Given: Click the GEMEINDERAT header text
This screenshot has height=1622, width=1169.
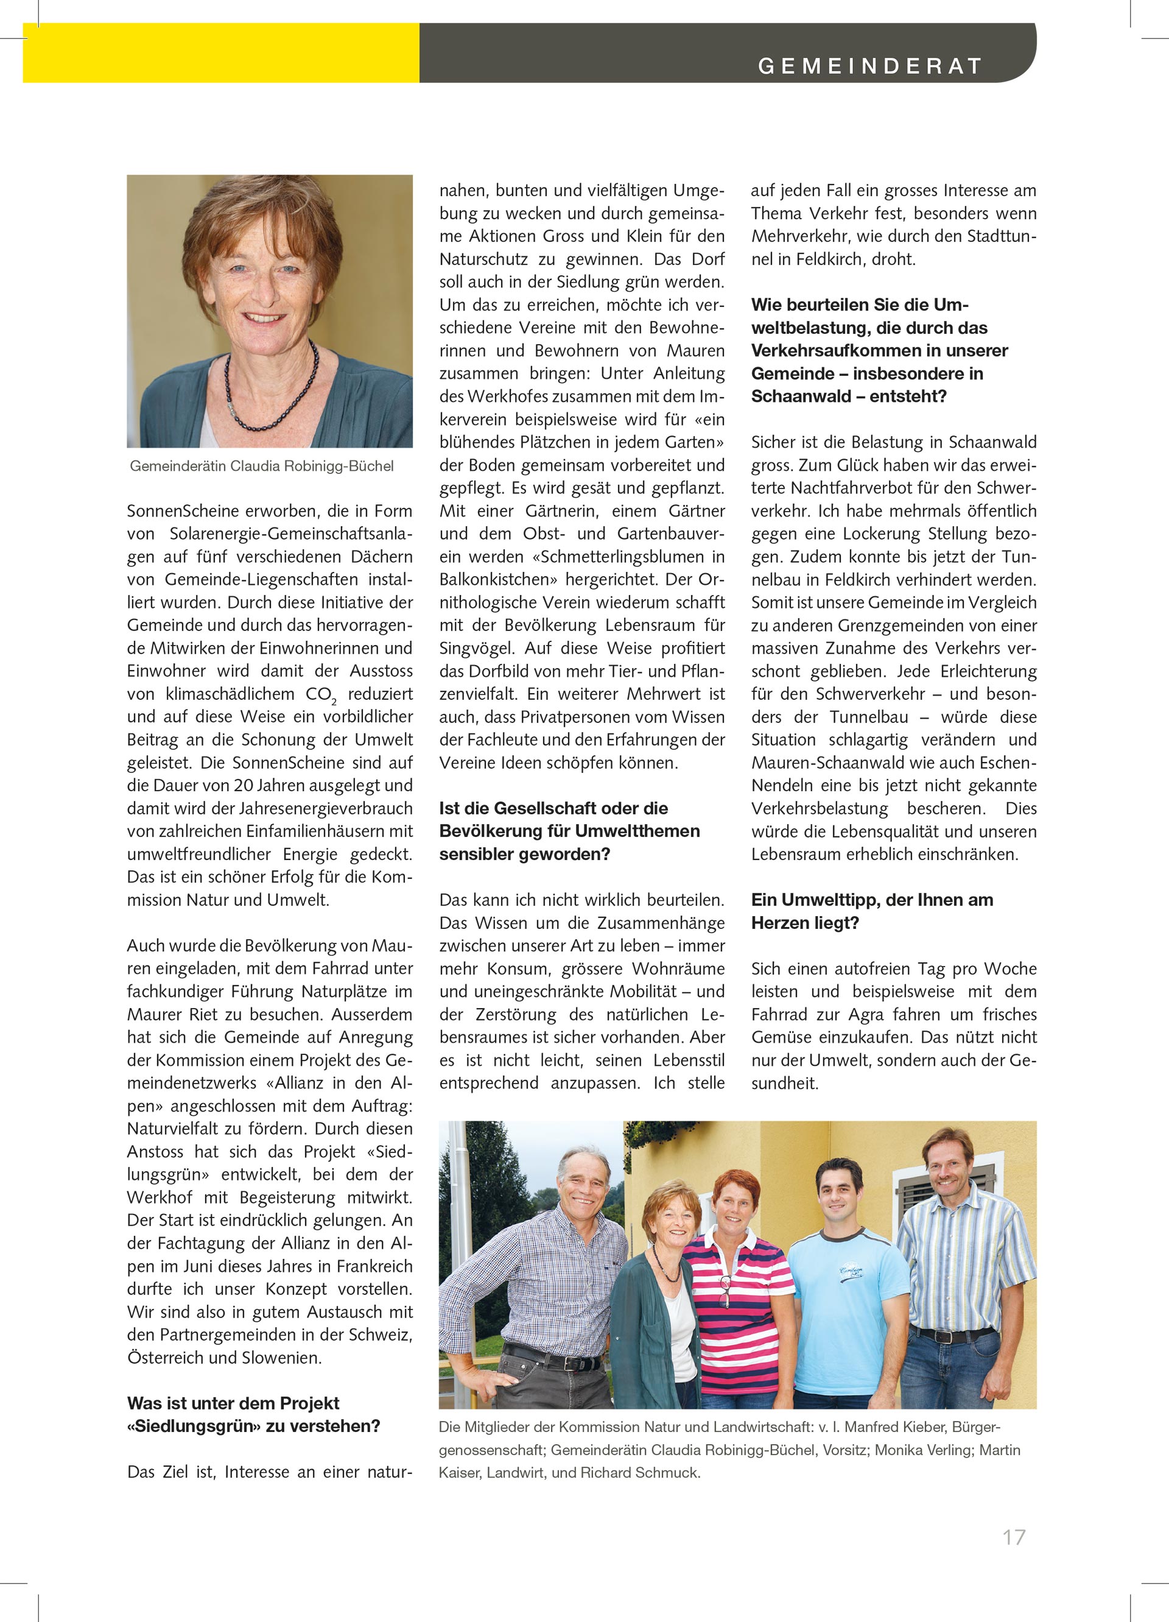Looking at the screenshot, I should coord(869,66).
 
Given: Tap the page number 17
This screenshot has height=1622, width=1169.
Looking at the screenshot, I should coord(1014,1537).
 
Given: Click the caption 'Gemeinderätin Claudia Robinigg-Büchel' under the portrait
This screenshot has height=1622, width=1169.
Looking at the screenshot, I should coord(262,467).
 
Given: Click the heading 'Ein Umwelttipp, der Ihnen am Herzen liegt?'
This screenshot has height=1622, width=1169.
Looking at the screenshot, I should coord(871,911).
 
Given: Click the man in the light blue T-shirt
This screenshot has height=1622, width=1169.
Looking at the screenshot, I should coord(848,1280).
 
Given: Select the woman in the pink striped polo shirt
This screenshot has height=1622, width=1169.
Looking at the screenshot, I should coord(737,1287).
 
